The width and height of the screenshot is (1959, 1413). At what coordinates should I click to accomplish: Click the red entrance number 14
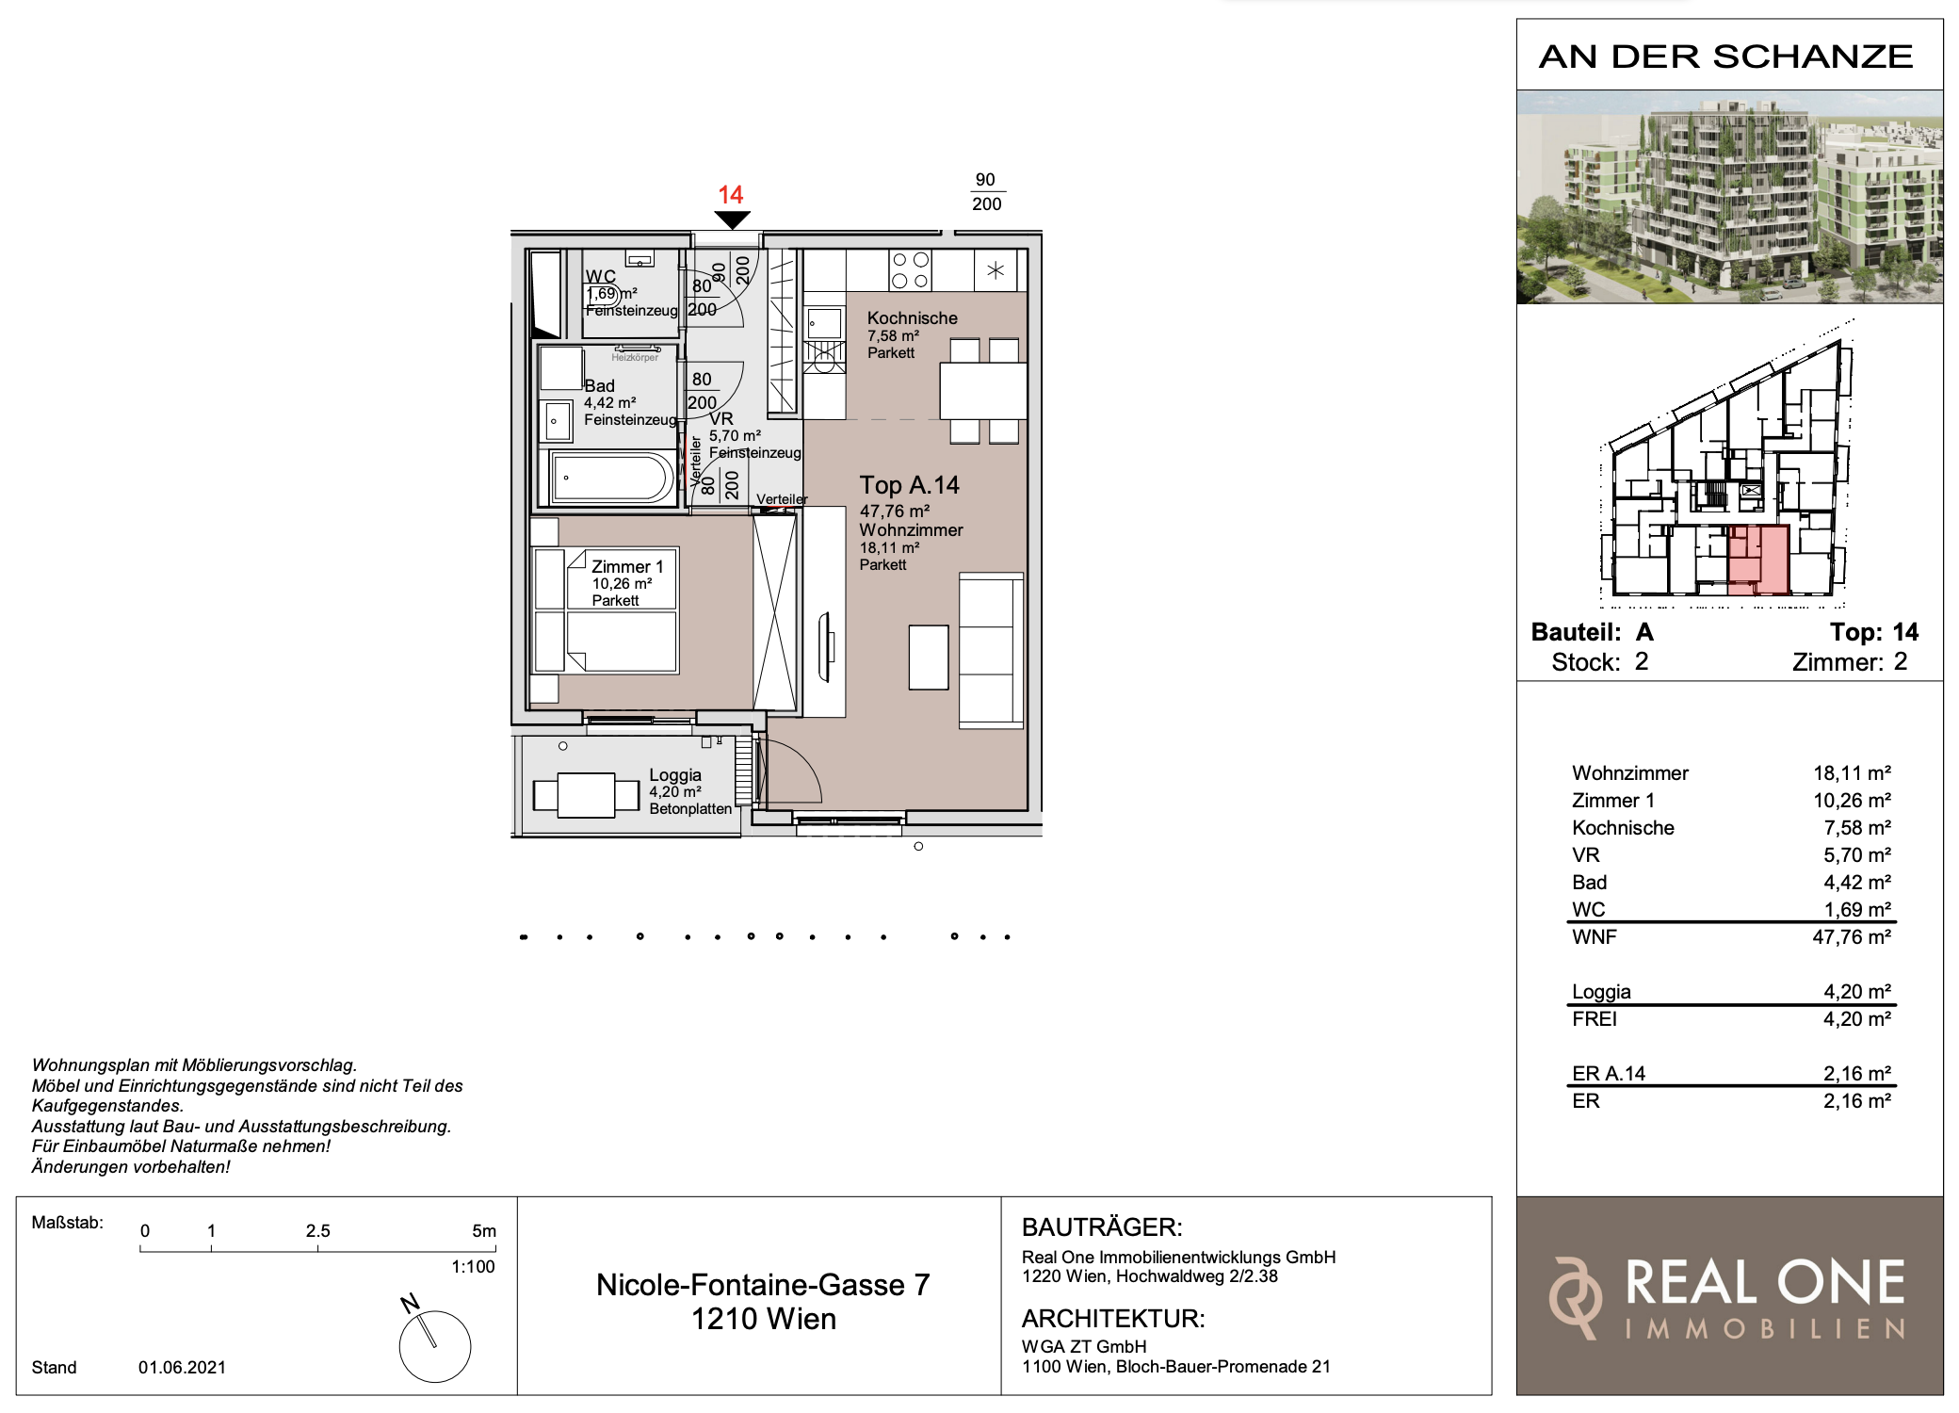coord(730,195)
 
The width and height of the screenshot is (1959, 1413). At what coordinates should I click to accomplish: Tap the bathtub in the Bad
coord(613,478)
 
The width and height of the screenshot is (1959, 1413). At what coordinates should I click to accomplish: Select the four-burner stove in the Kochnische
coord(910,270)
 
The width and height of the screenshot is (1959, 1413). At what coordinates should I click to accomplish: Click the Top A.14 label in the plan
coord(909,485)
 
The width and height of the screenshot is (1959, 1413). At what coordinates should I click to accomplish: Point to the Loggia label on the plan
coord(675,774)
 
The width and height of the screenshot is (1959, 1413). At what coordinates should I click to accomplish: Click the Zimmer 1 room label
coord(627,566)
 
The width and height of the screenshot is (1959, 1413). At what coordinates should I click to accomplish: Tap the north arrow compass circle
coord(435,1346)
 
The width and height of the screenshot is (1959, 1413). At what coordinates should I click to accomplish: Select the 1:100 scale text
coord(473,1266)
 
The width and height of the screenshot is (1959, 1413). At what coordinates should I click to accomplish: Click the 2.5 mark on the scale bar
coord(317,1230)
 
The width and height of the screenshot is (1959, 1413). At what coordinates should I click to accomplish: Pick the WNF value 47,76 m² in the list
coord(1852,936)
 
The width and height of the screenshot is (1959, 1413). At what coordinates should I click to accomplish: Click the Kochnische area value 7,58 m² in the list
coord(1857,827)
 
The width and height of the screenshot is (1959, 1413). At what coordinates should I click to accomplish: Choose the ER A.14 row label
coord(1609,1073)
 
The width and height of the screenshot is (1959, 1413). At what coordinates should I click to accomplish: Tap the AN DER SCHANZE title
coord(1726,57)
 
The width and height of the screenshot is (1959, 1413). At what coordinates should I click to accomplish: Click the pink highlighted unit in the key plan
coord(1758,560)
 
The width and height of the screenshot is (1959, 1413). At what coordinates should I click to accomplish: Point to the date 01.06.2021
coord(182,1367)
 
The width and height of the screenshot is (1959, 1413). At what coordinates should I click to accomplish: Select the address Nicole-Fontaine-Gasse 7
coord(763,1284)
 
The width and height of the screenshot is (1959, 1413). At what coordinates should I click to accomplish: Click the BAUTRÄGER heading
coord(1102,1226)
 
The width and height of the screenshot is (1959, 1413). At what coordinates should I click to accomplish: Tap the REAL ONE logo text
coord(1765,1282)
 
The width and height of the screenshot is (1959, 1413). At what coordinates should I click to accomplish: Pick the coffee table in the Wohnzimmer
coord(929,658)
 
